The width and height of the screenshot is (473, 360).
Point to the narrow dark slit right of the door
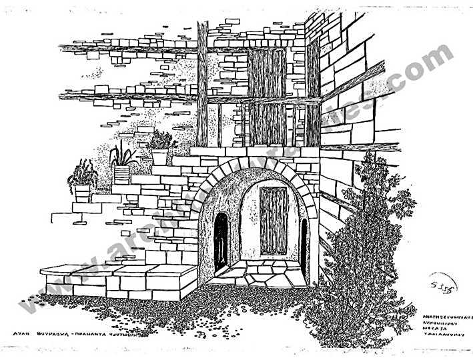pyautogui.click(x=304, y=247)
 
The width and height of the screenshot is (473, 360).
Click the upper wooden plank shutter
pyautogui.click(x=266, y=72)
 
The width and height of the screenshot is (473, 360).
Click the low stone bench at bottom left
pyautogui.click(x=120, y=280)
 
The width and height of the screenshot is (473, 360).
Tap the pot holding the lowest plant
pyautogui.click(x=83, y=193)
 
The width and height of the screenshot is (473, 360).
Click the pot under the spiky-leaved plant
pyautogui.click(x=121, y=175)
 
